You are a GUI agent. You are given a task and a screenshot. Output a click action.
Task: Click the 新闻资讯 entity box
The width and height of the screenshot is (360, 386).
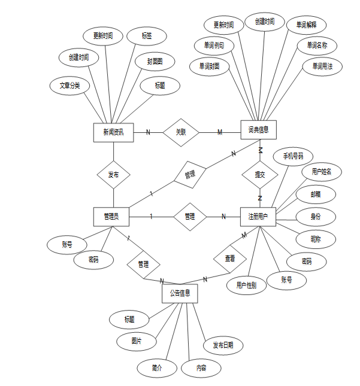113,132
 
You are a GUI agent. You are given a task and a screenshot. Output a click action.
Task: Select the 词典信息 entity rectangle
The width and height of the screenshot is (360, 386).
258,129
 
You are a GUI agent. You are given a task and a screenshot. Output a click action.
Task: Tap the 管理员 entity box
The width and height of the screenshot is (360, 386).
112,217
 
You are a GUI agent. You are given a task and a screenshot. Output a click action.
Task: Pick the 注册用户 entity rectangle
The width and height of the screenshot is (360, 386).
258,217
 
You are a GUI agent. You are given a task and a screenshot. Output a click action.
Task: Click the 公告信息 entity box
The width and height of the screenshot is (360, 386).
180,293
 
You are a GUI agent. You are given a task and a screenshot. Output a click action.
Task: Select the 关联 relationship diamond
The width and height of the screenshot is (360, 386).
181,132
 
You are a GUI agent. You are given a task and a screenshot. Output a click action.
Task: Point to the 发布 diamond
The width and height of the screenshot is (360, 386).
113,175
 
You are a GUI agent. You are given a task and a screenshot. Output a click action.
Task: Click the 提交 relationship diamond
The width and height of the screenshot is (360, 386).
260,175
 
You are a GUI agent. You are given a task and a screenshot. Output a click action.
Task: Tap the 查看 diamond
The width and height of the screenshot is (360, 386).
230,259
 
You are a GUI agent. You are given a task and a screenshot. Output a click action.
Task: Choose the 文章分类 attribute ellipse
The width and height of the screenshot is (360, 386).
69,86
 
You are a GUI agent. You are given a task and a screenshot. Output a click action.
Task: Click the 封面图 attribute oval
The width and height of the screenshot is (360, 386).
155,61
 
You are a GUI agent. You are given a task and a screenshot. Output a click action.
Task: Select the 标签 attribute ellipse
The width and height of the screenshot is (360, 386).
146,36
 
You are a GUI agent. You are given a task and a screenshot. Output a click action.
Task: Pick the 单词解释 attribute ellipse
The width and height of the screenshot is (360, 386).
307,25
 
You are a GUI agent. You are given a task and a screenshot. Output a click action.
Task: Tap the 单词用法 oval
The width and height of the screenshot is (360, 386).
322,66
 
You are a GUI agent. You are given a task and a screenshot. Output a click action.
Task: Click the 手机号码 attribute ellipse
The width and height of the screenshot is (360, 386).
289,156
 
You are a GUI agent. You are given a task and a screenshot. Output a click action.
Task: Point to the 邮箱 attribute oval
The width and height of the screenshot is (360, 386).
316,194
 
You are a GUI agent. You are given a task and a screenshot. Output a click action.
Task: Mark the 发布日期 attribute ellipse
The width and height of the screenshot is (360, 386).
223,345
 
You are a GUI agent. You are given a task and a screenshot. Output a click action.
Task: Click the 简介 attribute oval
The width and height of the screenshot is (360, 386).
157,367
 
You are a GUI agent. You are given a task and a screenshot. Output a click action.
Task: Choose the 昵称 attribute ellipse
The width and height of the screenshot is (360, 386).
316,239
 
